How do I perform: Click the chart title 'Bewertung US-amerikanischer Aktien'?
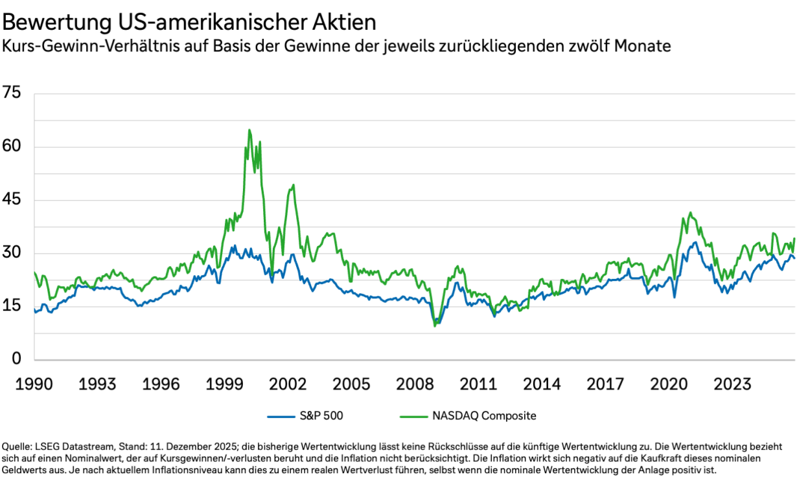189,22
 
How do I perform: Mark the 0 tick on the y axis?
17,360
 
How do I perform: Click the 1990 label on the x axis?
34,383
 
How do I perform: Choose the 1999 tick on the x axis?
225,383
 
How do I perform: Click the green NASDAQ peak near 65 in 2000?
249,130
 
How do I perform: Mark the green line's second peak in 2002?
294,185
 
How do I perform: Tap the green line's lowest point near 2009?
434,326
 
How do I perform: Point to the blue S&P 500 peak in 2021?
695,243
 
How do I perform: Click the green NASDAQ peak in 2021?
690,212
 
